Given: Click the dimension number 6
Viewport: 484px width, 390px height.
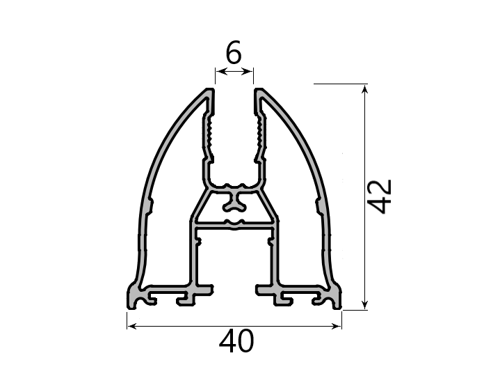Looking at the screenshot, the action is pos(234,52).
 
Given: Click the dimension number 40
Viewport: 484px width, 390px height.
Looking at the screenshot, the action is pos(236,341).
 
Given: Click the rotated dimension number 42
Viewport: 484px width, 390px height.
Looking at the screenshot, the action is pos(380,196).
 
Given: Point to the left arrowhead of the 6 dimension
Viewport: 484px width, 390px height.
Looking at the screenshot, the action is pos(220,72).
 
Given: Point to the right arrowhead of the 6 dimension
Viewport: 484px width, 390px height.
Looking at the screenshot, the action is pos(249,72).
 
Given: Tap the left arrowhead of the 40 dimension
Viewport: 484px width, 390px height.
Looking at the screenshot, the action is pos(131,326).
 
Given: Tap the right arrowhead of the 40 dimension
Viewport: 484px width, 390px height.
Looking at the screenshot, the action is pos(337,326).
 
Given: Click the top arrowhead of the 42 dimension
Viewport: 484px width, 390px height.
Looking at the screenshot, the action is pos(365,90).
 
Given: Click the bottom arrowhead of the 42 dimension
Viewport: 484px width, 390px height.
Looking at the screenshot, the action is pos(365,304).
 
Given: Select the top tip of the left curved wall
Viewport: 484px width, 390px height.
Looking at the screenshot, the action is pos(210,91).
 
